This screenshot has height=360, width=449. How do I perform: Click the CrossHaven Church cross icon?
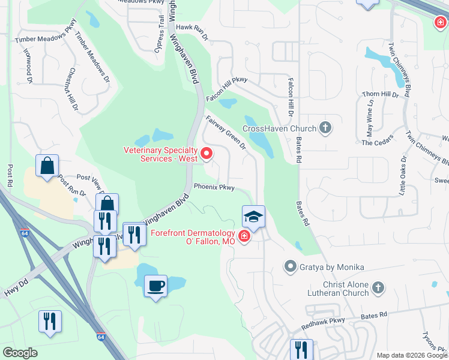click(325, 127)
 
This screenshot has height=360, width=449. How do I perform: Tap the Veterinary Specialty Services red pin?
click(206, 154)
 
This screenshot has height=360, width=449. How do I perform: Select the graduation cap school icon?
click(253, 216)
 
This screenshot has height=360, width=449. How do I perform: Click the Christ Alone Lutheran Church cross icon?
click(378, 288)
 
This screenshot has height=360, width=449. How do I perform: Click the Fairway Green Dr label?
click(226, 133)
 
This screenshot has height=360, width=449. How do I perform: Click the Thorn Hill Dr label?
click(381, 94)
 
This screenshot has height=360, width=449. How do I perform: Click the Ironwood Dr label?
click(28, 66)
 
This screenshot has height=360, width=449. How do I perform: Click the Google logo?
click(20, 353)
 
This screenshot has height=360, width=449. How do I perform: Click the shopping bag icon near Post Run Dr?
click(47, 166)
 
